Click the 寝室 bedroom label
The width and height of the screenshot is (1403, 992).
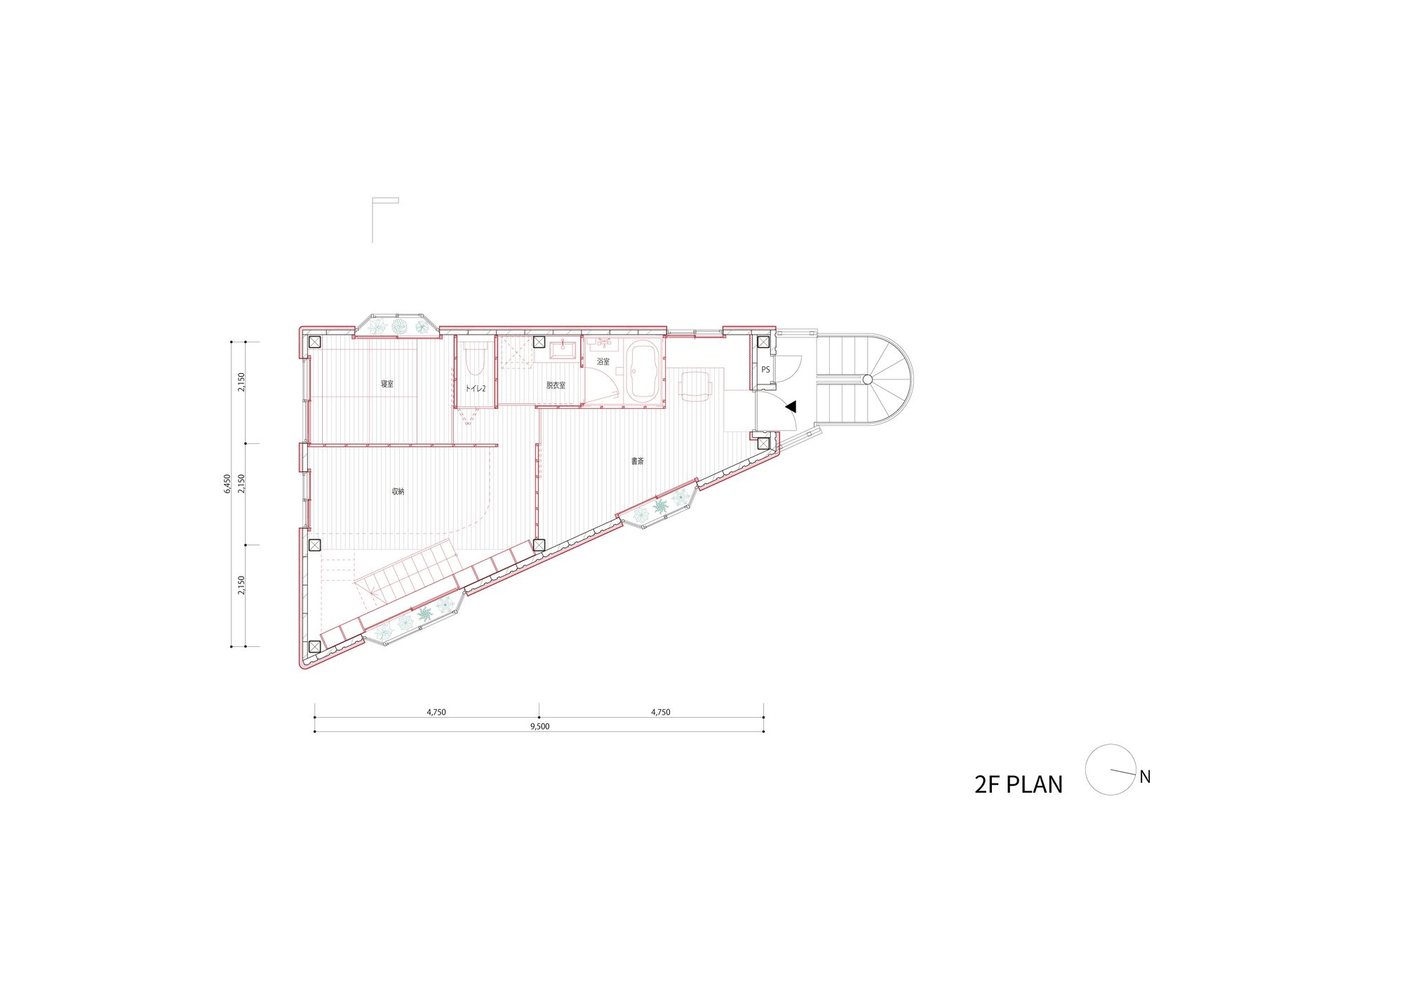pos(387,384)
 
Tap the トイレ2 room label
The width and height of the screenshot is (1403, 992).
pos(476,388)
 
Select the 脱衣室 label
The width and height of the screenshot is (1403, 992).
pos(556,385)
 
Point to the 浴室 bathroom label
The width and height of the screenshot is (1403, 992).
pos(603,361)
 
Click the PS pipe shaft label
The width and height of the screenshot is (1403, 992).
pos(765,370)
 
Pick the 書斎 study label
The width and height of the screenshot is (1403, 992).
pos(637,461)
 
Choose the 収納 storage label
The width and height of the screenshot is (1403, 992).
pos(398,491)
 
